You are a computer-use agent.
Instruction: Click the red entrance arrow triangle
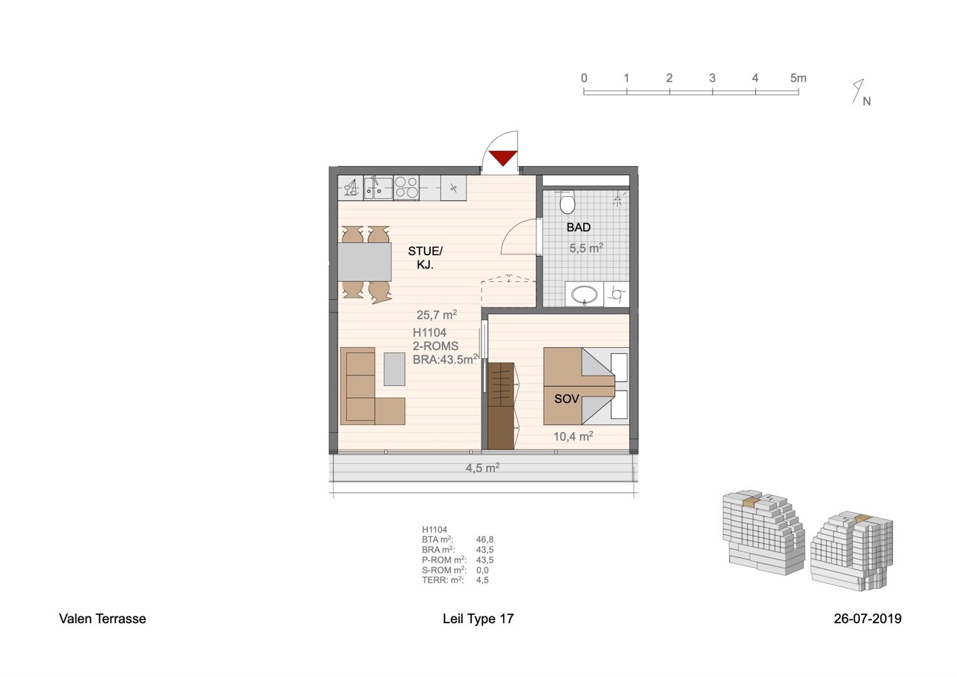[x=503, y=158]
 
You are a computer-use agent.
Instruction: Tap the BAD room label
[x=579, y=227]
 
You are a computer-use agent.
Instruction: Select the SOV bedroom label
[x=567, y=399]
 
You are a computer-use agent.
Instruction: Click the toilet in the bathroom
[x=567, y=202]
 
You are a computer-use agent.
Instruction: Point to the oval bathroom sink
[x=585, y=295]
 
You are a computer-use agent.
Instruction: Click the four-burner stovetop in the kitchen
[x=406, y=188]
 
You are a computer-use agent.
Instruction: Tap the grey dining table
[x=364, y=262]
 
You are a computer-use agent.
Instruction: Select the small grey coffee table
[x=394, y=370]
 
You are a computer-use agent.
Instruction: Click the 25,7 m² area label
[x=437, y=315]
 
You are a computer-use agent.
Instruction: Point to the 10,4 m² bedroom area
[x=573, y=436]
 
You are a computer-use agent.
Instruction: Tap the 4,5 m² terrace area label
[x=483, y=468]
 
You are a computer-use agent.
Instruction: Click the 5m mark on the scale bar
[x=798, y=79]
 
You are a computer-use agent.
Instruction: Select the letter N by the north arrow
[x=867, y=101]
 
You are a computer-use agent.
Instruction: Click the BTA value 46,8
[x=485, y=540]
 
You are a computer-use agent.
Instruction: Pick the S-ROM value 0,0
[x=482, y=570]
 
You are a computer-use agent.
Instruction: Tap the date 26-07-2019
[x=868, y=619]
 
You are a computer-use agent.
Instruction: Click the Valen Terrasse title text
[x=102, y=619]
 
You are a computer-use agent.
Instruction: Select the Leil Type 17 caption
[x=478, y=619]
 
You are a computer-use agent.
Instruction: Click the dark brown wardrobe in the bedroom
[x=501, y=406]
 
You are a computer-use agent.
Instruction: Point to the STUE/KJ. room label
[x=425, y=258]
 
